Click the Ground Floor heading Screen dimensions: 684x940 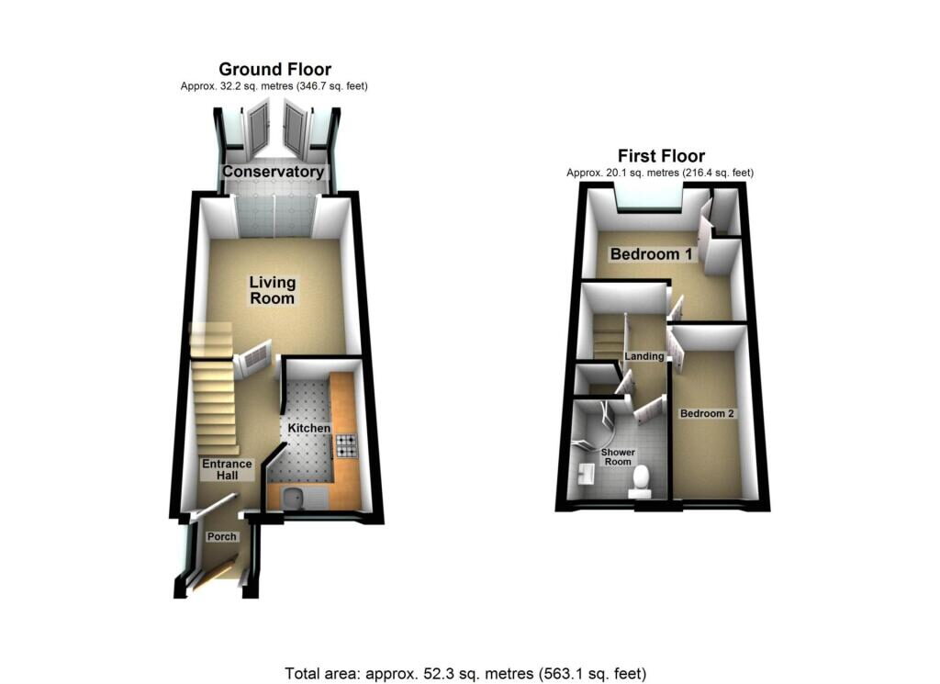coord(274,69)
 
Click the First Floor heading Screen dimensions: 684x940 coord(661,155)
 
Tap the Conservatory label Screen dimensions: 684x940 coord(274,172)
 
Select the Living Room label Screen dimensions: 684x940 coord(273,290)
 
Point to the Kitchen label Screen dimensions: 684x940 coord(308,429)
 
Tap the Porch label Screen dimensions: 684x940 coord(222,536)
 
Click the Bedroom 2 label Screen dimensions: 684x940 coord(707,413)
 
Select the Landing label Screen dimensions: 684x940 coord(643,355)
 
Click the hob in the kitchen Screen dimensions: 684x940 coord(346,446)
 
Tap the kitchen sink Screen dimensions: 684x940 coord(296,499)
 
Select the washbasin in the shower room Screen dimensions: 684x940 coord(587,475)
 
